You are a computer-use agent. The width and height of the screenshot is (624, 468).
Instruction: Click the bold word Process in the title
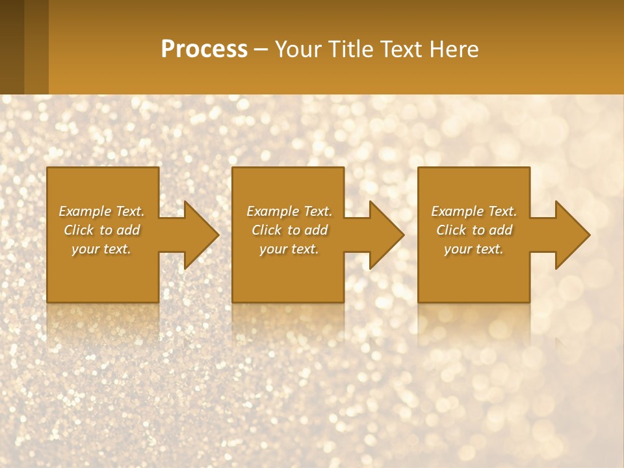point(204,49)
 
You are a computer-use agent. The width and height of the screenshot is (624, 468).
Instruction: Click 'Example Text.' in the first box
point(102,211)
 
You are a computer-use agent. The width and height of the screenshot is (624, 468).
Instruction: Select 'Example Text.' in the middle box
point(289,211)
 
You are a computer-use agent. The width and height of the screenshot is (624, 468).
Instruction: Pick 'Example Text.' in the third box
point(474,211)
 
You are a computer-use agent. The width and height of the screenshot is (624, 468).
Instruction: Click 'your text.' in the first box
point(102,249)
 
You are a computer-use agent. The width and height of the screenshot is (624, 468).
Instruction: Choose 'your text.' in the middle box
point(289,249)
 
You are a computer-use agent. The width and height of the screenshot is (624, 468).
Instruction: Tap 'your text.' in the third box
point(474,249)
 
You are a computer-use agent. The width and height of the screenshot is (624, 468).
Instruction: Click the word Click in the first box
point(79,230)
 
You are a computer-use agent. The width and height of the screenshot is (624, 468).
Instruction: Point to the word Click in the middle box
point(267,230)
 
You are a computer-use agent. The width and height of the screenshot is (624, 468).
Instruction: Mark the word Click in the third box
point(452,230)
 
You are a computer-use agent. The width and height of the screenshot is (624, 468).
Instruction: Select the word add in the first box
point(129,230)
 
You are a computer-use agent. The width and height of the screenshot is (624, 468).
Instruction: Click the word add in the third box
point(501,230)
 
